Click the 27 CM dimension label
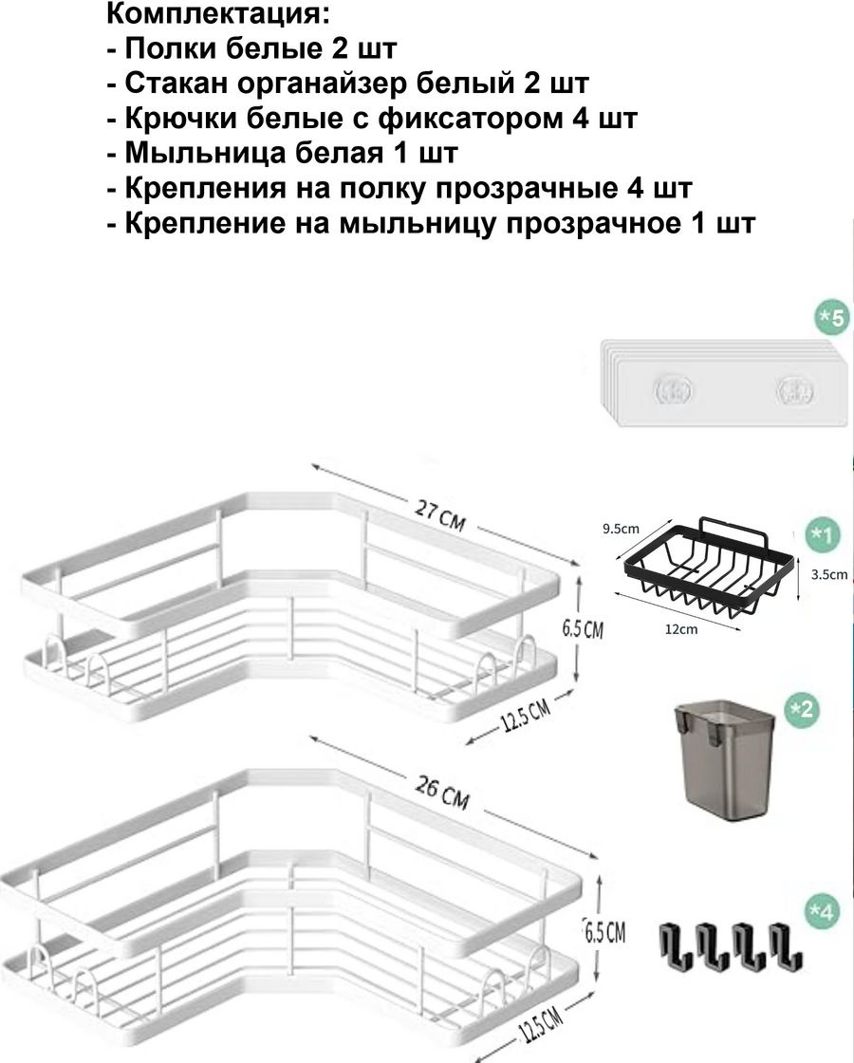pyautogui.click(x=440, y=516)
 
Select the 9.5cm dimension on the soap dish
pyautogui.click(x=621, y=528)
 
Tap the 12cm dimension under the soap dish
pyautogui.click(x=681, y=629)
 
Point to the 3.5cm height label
pyautogui.click(x=829, y=574)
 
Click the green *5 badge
pyautogui.click(x=831, y=317)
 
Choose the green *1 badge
pyautogui.click(x=822, y=535)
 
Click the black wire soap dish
pyautogui.click(x=708, y=569)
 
